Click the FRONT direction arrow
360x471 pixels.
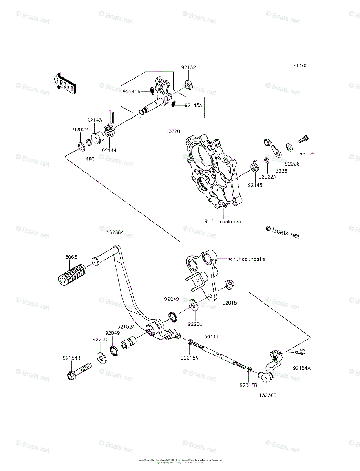(64, 83)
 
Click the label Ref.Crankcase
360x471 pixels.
(223, 221)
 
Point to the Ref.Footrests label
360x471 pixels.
(247, 259)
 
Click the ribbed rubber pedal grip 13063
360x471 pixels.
(72, 274)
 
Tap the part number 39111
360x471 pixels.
(211, 337)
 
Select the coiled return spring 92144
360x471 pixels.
(110, 131)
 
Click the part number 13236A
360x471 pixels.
(115, 233)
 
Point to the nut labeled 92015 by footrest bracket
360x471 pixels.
(228, 285)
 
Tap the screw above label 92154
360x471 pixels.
(304, 138)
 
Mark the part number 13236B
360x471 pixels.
(267, 396)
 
